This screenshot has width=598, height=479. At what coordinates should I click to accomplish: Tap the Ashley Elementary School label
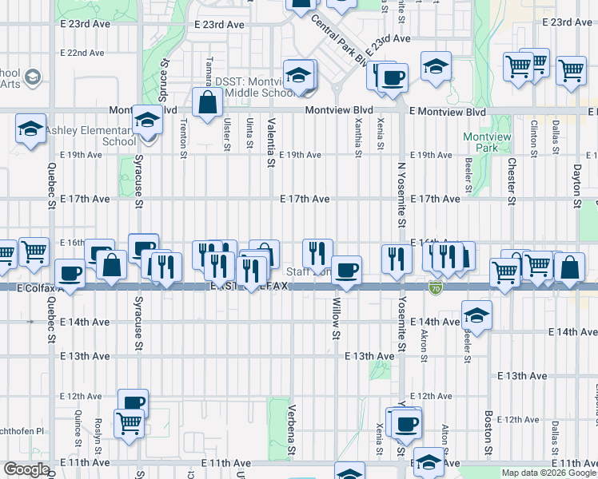[78, 136]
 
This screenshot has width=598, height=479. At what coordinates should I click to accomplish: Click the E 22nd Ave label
[82, 53]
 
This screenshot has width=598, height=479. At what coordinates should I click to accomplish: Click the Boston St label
[487, 435]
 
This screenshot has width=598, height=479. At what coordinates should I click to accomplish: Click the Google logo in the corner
[26, 469]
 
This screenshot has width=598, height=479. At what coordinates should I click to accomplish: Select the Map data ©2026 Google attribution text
[548, 473]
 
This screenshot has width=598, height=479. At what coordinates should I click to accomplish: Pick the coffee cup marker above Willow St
[346, 270]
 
